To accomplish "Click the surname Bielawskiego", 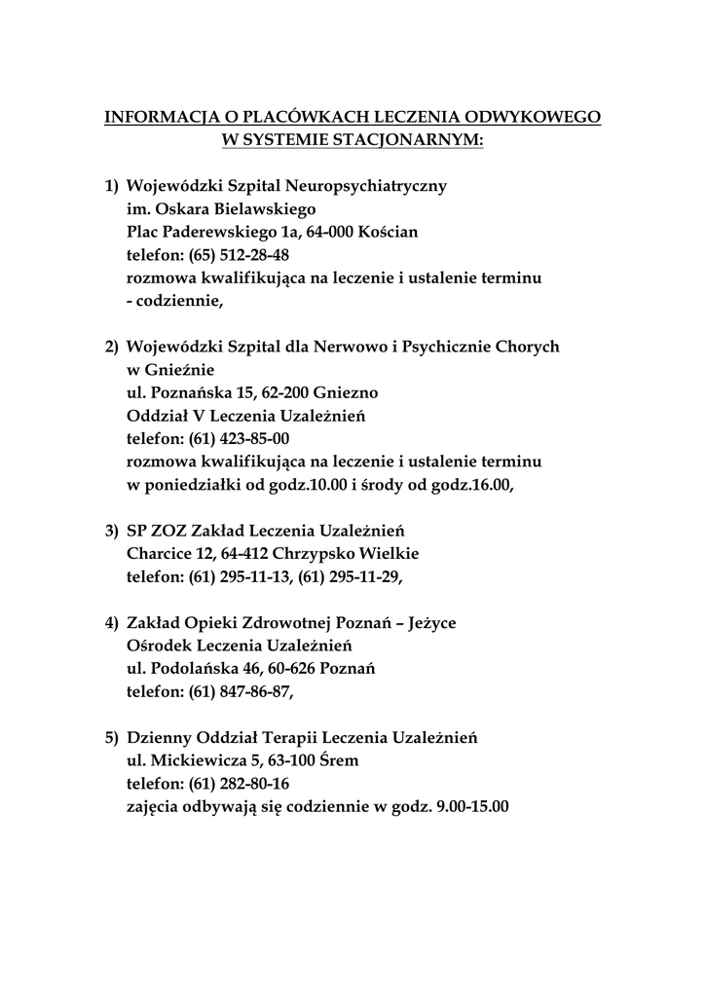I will pyautogui.click(x=257, y=208).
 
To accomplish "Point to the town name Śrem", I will pyautogui.click(x=346, y=760).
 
